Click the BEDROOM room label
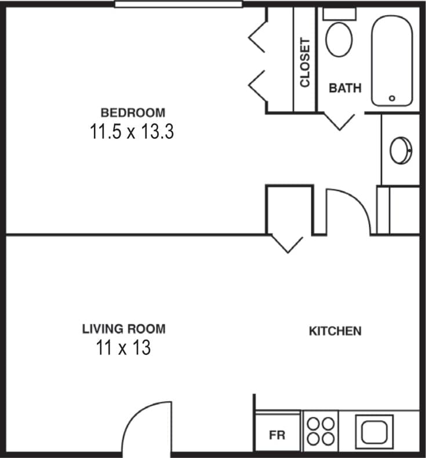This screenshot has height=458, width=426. [x=133, y=112]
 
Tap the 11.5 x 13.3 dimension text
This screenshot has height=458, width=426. [x=132, y=132]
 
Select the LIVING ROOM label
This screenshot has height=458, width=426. [x=123, y=329]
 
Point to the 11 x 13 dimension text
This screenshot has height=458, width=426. [x=123, y=348]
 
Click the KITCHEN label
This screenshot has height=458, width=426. [x=335, y=331]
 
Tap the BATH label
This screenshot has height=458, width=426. [x=345, y=88]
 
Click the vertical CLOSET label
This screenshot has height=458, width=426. [x=305, y=63]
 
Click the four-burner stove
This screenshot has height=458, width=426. [x=320, y=431]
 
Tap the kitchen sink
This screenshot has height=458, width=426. [x=377, y=431]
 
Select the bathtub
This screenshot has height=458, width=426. [x=392, y=61]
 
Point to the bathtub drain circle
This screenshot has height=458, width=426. [x=392, y=98]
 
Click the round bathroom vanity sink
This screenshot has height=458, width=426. [x=400, y=151]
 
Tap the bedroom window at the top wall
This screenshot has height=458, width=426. [x=178, y=4]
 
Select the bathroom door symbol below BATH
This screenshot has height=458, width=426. [x=338, y=121]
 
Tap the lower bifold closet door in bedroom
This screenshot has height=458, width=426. [x=257, y=85]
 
